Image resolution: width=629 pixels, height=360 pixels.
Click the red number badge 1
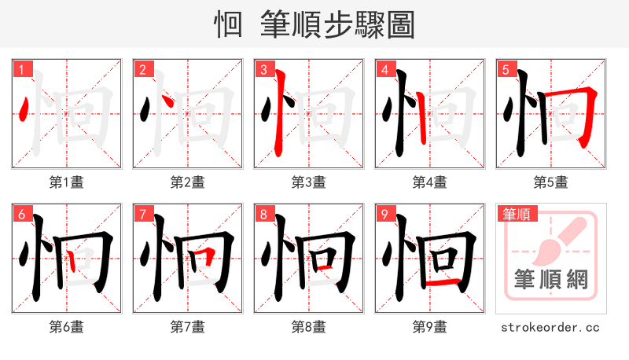[21, 69]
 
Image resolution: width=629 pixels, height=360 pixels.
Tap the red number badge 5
[506, 69]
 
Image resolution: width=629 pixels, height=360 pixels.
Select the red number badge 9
[384, 214]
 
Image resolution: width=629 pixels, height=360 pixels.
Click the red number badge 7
[142, 214]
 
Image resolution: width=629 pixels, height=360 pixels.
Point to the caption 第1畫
[67, 182]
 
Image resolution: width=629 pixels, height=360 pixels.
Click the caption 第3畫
[309, 182]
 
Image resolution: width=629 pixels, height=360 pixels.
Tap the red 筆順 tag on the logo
[515, 213]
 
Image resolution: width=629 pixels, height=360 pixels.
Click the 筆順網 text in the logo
[550, 280]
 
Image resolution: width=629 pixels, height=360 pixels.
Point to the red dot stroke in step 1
[25, 108]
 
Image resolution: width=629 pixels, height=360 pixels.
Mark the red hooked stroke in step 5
[586, 114]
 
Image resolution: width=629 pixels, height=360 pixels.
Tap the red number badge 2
[142, 69]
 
